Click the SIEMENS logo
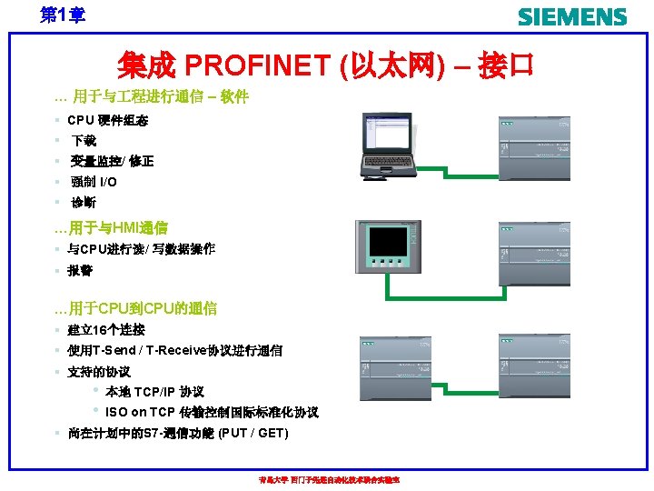[571, 17]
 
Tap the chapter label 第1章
[62, 15]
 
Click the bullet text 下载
[84, 141]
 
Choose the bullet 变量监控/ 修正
[112, 161]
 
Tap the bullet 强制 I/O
[94, 182]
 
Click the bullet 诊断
[83, 202]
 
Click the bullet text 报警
[80, 270]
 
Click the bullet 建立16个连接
[106, 330]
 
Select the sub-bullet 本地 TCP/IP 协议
[154, 392]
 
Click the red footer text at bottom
[329, 480]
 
